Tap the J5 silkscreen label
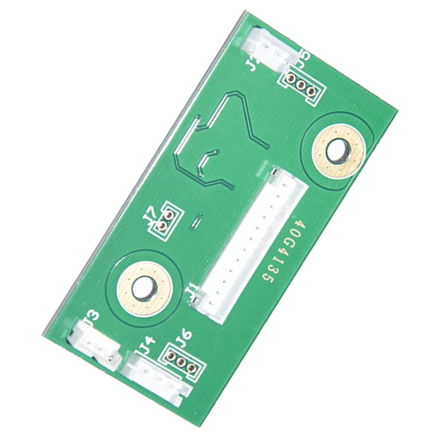point(304,59)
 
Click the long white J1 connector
point(250,243)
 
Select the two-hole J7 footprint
point(165,220)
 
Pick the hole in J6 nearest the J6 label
point(171,356)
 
